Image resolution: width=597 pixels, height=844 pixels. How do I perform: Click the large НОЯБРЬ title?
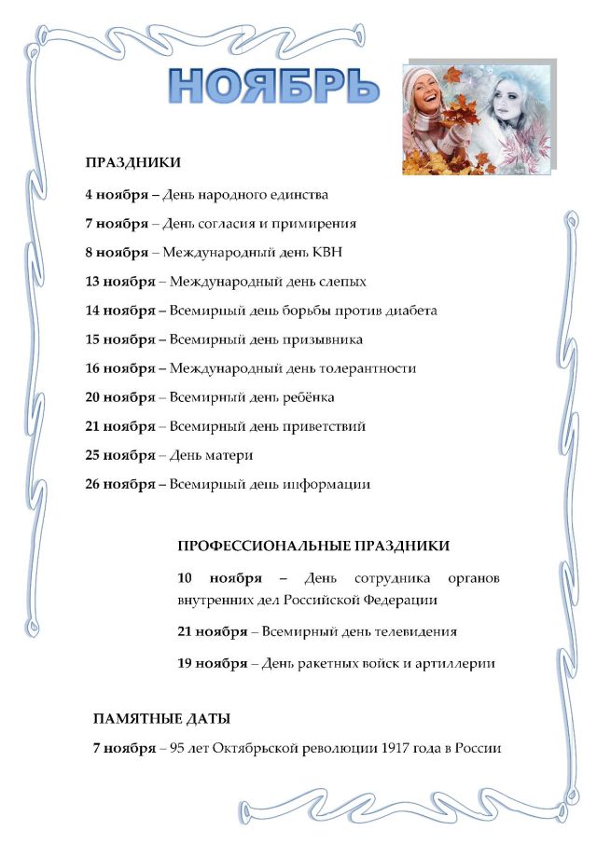pyautogui.click(x=274, y=86)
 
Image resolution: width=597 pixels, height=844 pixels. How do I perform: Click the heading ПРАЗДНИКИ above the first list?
pyautogui.click(x=132, y=162)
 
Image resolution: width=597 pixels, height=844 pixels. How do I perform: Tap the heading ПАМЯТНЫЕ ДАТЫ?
pyautogui.click(x=161, y=719)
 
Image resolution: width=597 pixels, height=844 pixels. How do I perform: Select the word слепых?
pyautogui.click(x=339, y=282)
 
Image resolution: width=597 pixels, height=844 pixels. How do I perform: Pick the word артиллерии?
pyautogui.click(x=454, y=664)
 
